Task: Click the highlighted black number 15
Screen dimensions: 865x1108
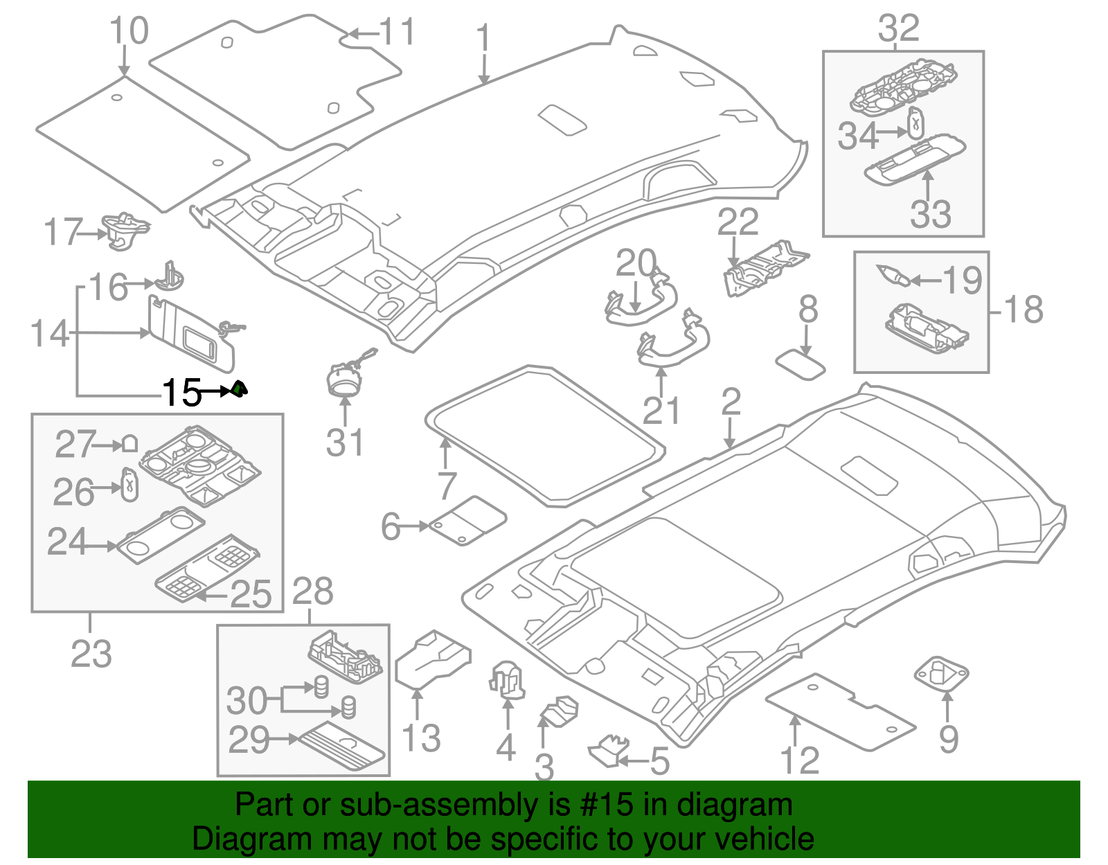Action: tap(181, 393)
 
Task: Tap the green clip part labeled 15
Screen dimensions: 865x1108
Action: tap(239, 390)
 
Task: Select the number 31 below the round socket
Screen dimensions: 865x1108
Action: tap(344, 443)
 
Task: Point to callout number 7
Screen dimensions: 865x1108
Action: tap(447, 485)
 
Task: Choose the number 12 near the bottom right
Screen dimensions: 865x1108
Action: tap(800, 760)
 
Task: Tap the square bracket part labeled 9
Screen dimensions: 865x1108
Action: tap(941, 672)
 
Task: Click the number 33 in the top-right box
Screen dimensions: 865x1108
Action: tap(930, 214)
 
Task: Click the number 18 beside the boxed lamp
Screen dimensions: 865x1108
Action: tap(1024, 310)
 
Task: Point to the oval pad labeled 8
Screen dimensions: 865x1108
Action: tap(801, 365)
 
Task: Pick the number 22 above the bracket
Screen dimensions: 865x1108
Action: tap(738, 222)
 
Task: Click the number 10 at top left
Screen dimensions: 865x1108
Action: tap(129, 30)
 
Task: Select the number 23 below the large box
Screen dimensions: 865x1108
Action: tap(91, 653)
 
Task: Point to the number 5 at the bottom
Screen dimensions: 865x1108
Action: tap(659, 763)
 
